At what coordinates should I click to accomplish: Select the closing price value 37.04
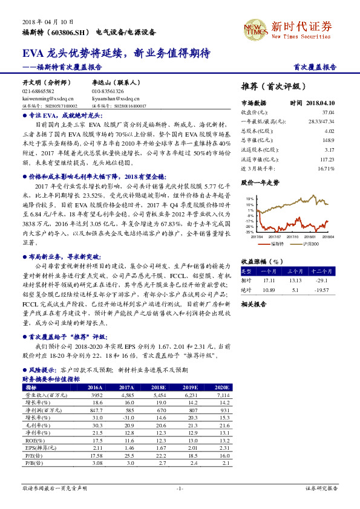328,112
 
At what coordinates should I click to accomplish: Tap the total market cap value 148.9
329,139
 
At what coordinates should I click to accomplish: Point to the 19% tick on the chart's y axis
249,198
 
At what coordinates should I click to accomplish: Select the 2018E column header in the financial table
159,387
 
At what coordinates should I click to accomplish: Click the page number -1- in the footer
179,487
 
